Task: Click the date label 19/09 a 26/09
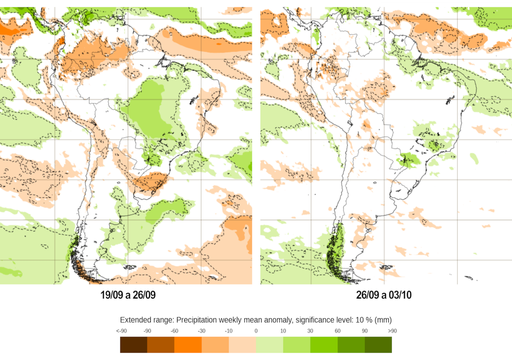128,295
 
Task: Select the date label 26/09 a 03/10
384,295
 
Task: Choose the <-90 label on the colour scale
120,331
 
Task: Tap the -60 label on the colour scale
174,331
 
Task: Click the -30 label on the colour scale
201,331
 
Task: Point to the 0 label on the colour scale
256,331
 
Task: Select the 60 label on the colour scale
337,331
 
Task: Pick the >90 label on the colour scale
392,331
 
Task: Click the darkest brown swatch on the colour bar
133,344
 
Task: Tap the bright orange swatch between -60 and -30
188,344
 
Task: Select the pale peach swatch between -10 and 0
242,344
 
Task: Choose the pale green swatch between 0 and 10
269,344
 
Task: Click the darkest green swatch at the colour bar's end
378,344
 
